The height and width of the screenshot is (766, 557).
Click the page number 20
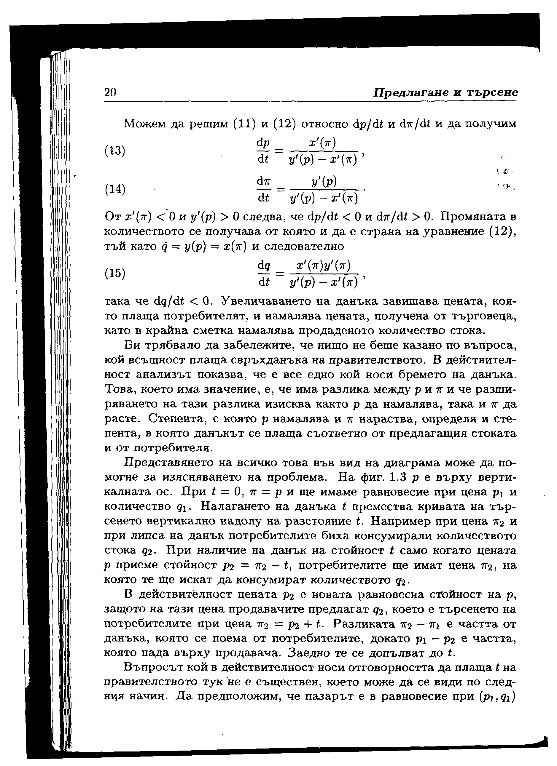(110, 92)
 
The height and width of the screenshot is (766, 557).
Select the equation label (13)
(114, 150)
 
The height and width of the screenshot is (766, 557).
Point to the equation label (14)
(114, 189)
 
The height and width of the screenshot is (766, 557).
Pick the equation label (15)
(114, 273)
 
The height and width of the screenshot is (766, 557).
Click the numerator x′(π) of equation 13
(322, 143)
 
